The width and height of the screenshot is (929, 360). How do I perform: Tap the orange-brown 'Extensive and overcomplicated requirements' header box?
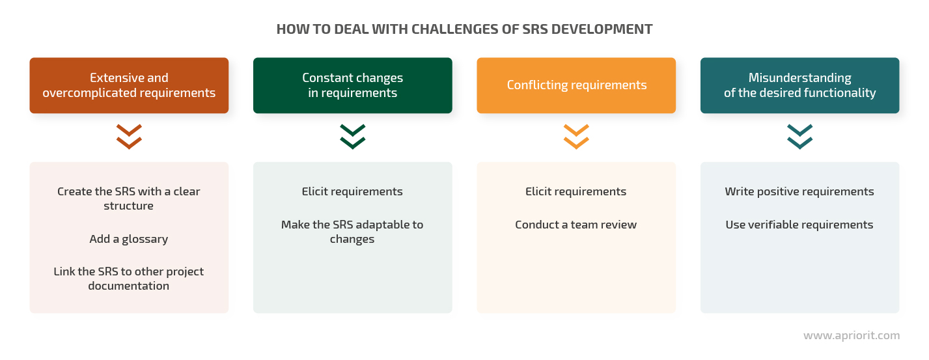click(129, 85)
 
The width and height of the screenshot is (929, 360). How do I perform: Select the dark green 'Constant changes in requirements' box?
click(352, 85)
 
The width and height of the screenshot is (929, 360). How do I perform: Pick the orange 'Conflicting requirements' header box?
click(576, 85)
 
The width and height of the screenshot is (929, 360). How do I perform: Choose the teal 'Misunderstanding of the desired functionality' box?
click(799, 85)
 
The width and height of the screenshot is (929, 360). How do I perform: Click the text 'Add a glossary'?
click(128, 239)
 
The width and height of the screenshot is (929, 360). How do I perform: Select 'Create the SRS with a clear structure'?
click(128, 199)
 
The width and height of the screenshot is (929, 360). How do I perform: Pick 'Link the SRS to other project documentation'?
click(128, 279)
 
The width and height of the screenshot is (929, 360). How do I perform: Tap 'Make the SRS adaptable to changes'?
click(352, 232)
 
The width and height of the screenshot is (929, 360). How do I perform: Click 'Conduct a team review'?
click(575, 225)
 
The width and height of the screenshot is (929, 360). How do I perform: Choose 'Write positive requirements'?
click(799, 191)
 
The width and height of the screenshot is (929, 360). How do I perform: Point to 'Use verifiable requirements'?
click(799, 225)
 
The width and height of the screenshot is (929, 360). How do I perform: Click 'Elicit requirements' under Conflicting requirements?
click(575, 191)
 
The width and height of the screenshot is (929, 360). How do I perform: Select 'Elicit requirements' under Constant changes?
click(352, 191)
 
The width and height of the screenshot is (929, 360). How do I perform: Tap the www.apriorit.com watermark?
click(852, 335)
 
